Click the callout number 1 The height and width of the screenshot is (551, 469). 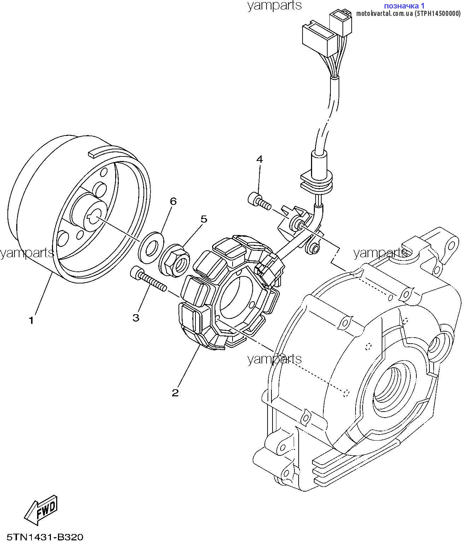point(31,320)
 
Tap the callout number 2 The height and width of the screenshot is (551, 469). point(175,393)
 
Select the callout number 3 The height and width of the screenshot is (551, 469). point(136,317)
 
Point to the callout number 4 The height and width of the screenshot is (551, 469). point(259,159)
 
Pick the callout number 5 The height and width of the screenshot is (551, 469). point(204,219)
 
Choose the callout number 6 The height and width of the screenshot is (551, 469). point(173,201)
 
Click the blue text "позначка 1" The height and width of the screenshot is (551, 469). point(404,5)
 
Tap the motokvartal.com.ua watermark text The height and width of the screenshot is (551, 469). point(408,13)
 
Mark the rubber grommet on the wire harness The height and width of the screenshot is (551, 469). point(316,182)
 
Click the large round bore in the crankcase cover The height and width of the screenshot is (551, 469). point(395,386)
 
